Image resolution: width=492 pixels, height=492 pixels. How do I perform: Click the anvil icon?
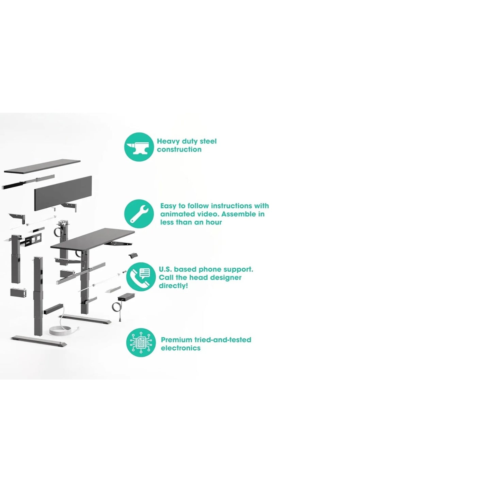(139, 147)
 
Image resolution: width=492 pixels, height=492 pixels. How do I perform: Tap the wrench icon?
(139, 214)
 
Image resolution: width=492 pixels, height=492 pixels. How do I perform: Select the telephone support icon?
(141, 277)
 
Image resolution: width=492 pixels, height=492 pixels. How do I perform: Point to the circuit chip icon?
(141, 343)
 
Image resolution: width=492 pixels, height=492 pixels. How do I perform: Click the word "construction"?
(179, 149)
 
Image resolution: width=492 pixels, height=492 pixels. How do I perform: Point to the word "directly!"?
(173, 286)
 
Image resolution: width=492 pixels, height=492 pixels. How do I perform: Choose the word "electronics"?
(181, 348)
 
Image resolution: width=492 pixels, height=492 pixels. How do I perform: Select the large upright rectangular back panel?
(63, 193)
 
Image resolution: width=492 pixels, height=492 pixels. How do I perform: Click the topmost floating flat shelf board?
(42, 167)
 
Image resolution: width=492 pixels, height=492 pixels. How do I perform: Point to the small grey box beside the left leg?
(18, 292)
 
